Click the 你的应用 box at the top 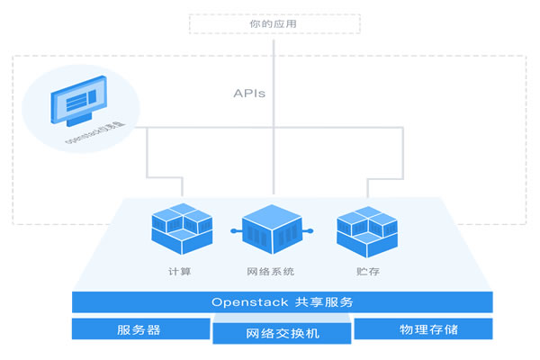[x=274, y=22]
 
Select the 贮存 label [x=367, y=271]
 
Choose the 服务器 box [x=139, y=328]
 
